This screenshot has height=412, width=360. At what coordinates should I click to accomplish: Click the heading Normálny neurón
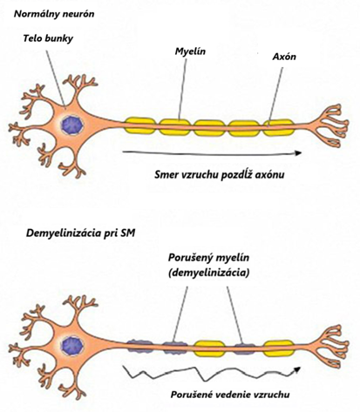click(54, 14)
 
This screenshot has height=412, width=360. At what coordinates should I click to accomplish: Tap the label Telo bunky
click(48, 38)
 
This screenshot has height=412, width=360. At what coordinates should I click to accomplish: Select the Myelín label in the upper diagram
click(190, 51)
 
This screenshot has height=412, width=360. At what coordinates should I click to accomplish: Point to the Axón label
click(284, 57)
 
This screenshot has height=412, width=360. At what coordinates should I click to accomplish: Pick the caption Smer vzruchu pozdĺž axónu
click(220, 175)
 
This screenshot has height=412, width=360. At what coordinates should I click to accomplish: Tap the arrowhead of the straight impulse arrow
click(298, 153)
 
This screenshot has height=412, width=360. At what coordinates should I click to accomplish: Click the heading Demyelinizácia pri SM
click(81, 233)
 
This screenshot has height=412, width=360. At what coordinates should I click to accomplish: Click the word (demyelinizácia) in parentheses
click(208, 273)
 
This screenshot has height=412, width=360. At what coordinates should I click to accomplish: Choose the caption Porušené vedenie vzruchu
click(230, 395)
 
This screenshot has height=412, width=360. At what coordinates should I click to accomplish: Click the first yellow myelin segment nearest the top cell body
click(140, 125)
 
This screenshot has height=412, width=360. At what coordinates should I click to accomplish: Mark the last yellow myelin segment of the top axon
click(278, 127)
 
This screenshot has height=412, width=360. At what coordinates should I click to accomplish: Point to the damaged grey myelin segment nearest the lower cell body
click(140, 346)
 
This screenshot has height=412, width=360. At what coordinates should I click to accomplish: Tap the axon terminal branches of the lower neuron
click(331, 347)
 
